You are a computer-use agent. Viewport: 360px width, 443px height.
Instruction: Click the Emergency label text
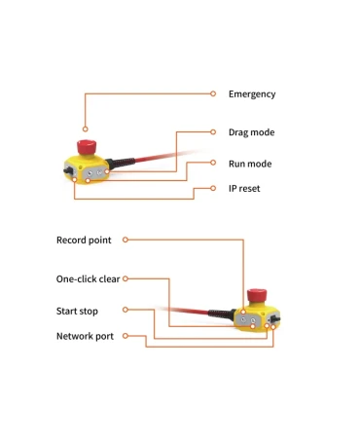252,94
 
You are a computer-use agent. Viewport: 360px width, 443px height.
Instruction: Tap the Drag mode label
252,132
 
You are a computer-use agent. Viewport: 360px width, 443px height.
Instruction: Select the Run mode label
250,164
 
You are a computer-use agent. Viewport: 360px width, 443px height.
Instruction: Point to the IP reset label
244,189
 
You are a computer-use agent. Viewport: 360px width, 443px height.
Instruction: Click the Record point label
84,240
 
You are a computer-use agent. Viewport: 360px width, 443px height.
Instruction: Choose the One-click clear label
88,279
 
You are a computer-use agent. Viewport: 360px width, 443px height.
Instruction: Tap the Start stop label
77,312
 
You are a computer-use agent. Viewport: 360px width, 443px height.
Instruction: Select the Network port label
85,336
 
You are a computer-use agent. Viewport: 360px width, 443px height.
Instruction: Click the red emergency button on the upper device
87,147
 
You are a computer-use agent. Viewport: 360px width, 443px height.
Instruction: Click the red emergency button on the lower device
257,295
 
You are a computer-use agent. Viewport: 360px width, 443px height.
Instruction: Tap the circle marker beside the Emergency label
213,93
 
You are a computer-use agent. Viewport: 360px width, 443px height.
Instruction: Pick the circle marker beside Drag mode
213,132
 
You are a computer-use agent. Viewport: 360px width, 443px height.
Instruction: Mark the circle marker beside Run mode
213,163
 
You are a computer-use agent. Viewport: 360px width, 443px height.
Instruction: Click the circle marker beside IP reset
213,188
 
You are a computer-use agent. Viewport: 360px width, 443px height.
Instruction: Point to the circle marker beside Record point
126,240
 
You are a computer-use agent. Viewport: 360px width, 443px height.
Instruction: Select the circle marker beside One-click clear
126,278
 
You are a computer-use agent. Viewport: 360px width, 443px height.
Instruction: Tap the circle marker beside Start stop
126,310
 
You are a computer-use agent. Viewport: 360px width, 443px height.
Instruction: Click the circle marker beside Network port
126,336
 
